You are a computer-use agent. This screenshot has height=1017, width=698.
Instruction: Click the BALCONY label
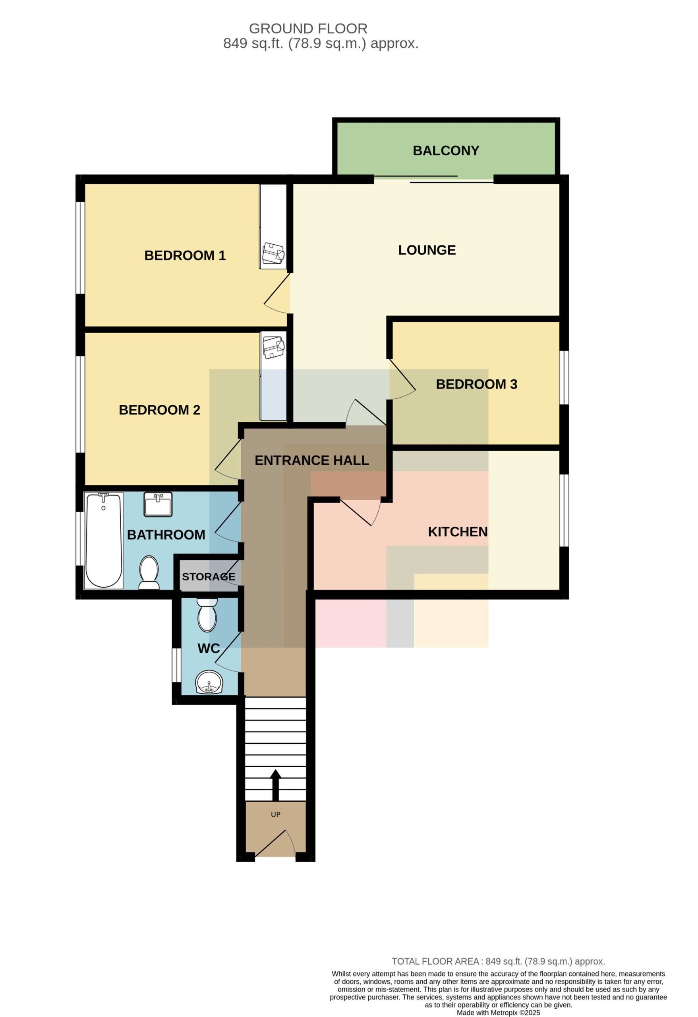coord(445,151)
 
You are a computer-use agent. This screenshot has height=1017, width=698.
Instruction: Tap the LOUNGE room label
coord(427,250)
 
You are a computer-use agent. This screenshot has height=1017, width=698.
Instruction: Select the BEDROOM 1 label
coord(185,255)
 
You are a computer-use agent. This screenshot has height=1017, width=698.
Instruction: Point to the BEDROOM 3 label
coord(476,384)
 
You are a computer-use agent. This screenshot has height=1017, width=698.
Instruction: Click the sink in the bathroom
coord(158,504)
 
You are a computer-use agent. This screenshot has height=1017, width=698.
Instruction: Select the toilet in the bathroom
coord(149,572)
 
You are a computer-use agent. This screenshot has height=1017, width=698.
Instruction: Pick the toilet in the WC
coord(207,615)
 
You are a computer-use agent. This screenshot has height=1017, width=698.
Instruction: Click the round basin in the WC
coord(209,682)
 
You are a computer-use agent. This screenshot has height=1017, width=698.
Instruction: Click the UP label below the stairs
coord(275,814)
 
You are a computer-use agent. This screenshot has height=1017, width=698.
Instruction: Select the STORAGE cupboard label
coord(208,576)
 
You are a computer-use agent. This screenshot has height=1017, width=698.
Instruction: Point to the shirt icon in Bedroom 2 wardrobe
coord(273,347)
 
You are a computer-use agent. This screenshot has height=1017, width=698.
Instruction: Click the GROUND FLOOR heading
coord(308,29)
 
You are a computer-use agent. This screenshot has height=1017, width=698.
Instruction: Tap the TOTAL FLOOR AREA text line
coord(498,961)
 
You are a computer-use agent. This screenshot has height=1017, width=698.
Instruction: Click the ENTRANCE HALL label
coord(311,460)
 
